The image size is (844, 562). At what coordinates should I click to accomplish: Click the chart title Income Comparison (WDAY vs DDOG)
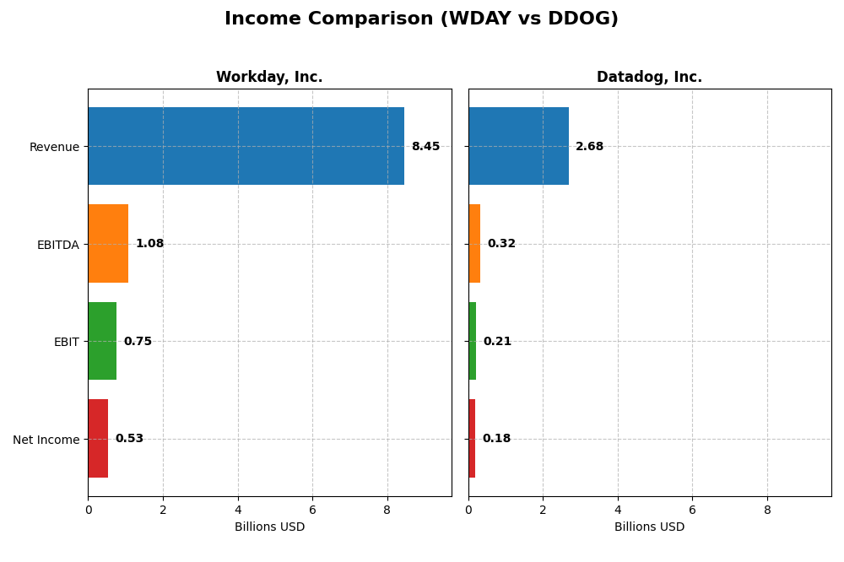(x=421, y=19)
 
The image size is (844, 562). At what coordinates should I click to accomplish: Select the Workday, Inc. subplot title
(x=269, y=77)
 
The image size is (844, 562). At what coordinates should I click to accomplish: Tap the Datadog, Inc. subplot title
(x=649, y=77)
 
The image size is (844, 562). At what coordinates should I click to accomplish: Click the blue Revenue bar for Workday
(x=246, y=146)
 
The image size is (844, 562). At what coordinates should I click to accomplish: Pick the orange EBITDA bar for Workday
(x=108, y=244)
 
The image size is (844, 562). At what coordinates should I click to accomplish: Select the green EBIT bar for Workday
(x=102, y=341)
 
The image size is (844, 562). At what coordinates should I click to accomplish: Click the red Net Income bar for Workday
(x=98, y=439)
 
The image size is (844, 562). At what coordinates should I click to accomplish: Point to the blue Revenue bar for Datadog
(x=518, y=146)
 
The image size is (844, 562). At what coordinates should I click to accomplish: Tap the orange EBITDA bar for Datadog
(x=474, y=244)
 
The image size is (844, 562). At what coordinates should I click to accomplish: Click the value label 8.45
(x=425, y=146)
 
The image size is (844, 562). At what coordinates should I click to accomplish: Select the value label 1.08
(x=149, y=244)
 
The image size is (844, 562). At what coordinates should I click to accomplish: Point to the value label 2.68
(x=589, y=146)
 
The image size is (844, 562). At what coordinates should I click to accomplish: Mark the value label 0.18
(x=496, y=439)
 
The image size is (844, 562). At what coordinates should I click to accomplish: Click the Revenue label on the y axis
(x=54, y=147)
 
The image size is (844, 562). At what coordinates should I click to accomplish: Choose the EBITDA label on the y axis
(x=57, y=245)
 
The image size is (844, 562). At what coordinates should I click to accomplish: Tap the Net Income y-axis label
(x=46, y=440)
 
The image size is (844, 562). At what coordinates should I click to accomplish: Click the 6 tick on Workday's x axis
(x=312, y=510)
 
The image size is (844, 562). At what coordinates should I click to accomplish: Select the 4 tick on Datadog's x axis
(x=618, y=510)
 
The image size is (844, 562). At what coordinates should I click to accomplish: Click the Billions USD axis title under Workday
(x=269, y=527)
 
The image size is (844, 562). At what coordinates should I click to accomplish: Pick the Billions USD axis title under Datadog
(x=649, y=527)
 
